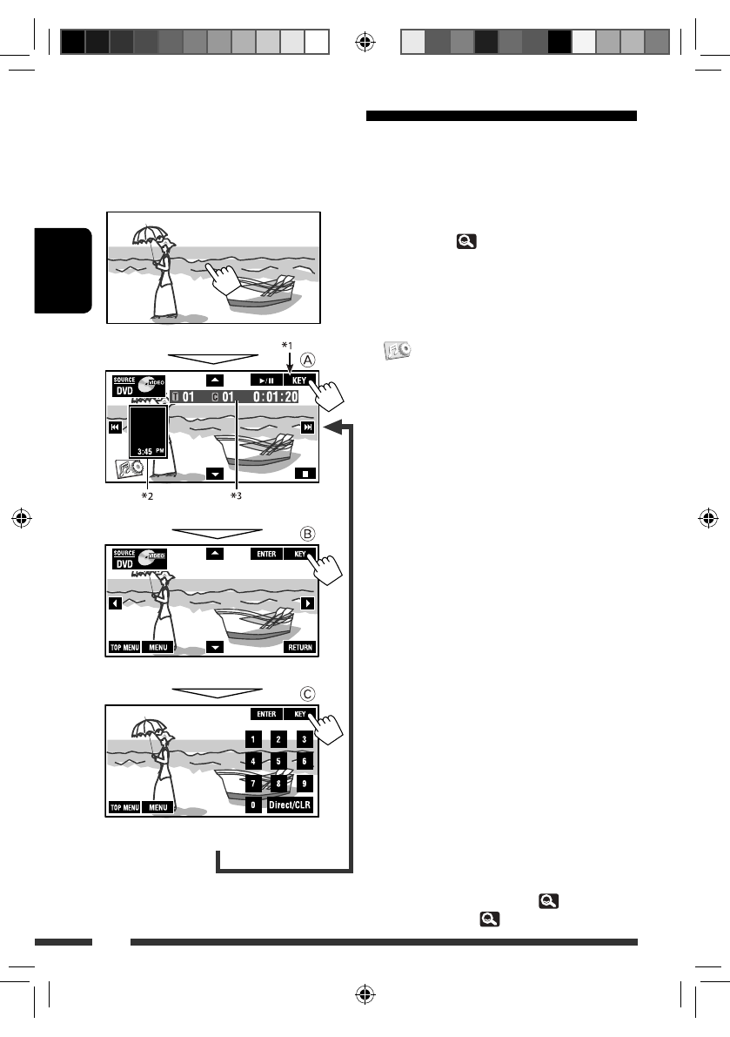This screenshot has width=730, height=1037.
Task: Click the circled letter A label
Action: coord(309,359)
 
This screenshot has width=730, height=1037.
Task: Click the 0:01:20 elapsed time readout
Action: coord(275,398)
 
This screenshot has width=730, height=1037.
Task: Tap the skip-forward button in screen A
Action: coord(307,428)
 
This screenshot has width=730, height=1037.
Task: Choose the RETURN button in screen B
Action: coord(300,648)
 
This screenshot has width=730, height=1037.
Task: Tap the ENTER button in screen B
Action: coord(266,554)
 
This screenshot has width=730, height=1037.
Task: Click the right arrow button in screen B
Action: coord(307,603)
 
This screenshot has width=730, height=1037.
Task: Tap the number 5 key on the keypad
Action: coord(278,761)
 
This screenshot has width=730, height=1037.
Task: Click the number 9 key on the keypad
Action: coord(304,783)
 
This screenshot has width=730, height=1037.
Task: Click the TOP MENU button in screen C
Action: coord(124,807)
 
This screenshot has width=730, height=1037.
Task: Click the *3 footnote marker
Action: coord(236,496)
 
